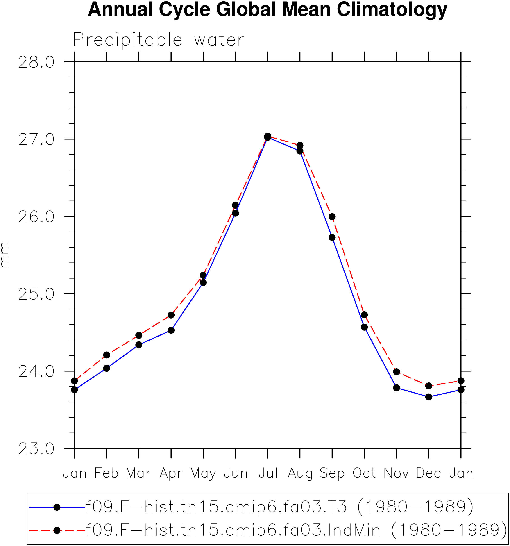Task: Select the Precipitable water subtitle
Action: [158, 40]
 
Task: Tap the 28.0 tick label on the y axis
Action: [36, 62]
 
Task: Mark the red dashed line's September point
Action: [332, 217]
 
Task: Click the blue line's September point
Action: [332, 237]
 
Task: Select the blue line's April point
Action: [171, 330]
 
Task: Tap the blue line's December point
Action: [429, 397]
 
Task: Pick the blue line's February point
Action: [107, 368]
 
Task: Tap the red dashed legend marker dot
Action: [57, 530]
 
